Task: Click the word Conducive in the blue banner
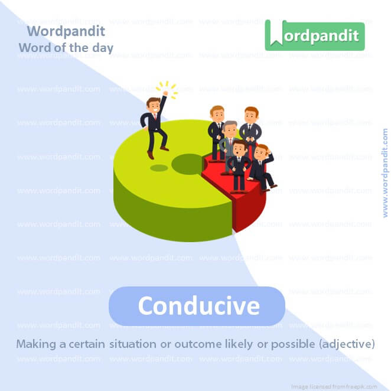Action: pos(198,306)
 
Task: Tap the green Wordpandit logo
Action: pos(314,35)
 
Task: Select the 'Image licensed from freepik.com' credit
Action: pos(341,386)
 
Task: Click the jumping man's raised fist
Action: pos(166,93)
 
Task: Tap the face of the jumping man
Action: pos(154,107)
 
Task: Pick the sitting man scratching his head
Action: pos(262,165)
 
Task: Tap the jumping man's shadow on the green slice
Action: pos(159,168)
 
